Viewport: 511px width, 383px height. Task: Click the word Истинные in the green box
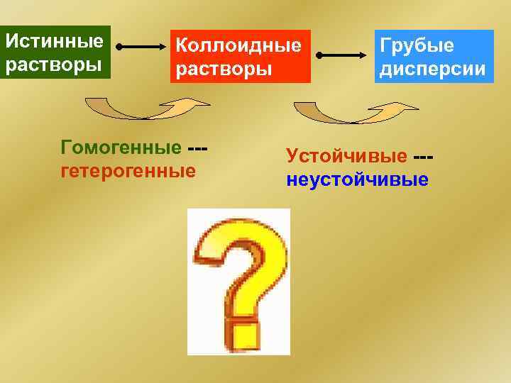pos(54,39)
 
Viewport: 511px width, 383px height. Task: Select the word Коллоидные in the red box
pos(238,47)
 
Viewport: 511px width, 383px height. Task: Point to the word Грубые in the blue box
pos(417,46)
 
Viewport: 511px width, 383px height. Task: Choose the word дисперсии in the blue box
pos(433,70)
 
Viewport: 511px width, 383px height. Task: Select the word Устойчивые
pos(346,155)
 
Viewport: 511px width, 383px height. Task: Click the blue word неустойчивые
pos(358,179)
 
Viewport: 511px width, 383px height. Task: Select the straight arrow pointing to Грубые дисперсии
pos(344,55)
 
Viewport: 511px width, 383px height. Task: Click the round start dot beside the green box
pos(119,48)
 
